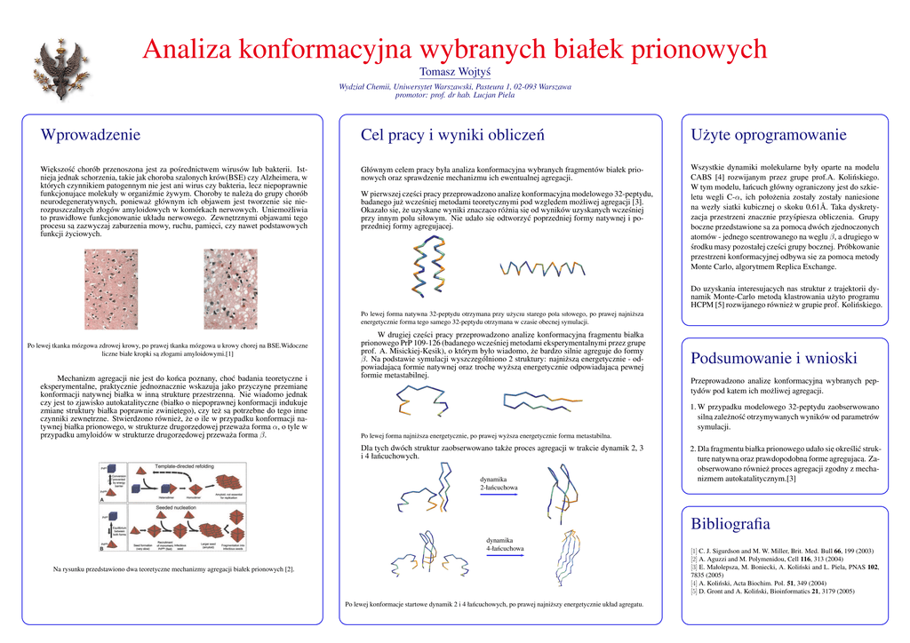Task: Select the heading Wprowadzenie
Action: pyautogui.click(x=91, y=135)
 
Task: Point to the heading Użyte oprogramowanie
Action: pyautogui.click(x=768, y=135)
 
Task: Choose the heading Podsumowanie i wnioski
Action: pyautogui.click(x=773, y=359)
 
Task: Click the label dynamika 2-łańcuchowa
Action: pyautogui.click(x=493, y=484)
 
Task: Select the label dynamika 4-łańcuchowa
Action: pyautogui.click(x=504, y=544)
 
